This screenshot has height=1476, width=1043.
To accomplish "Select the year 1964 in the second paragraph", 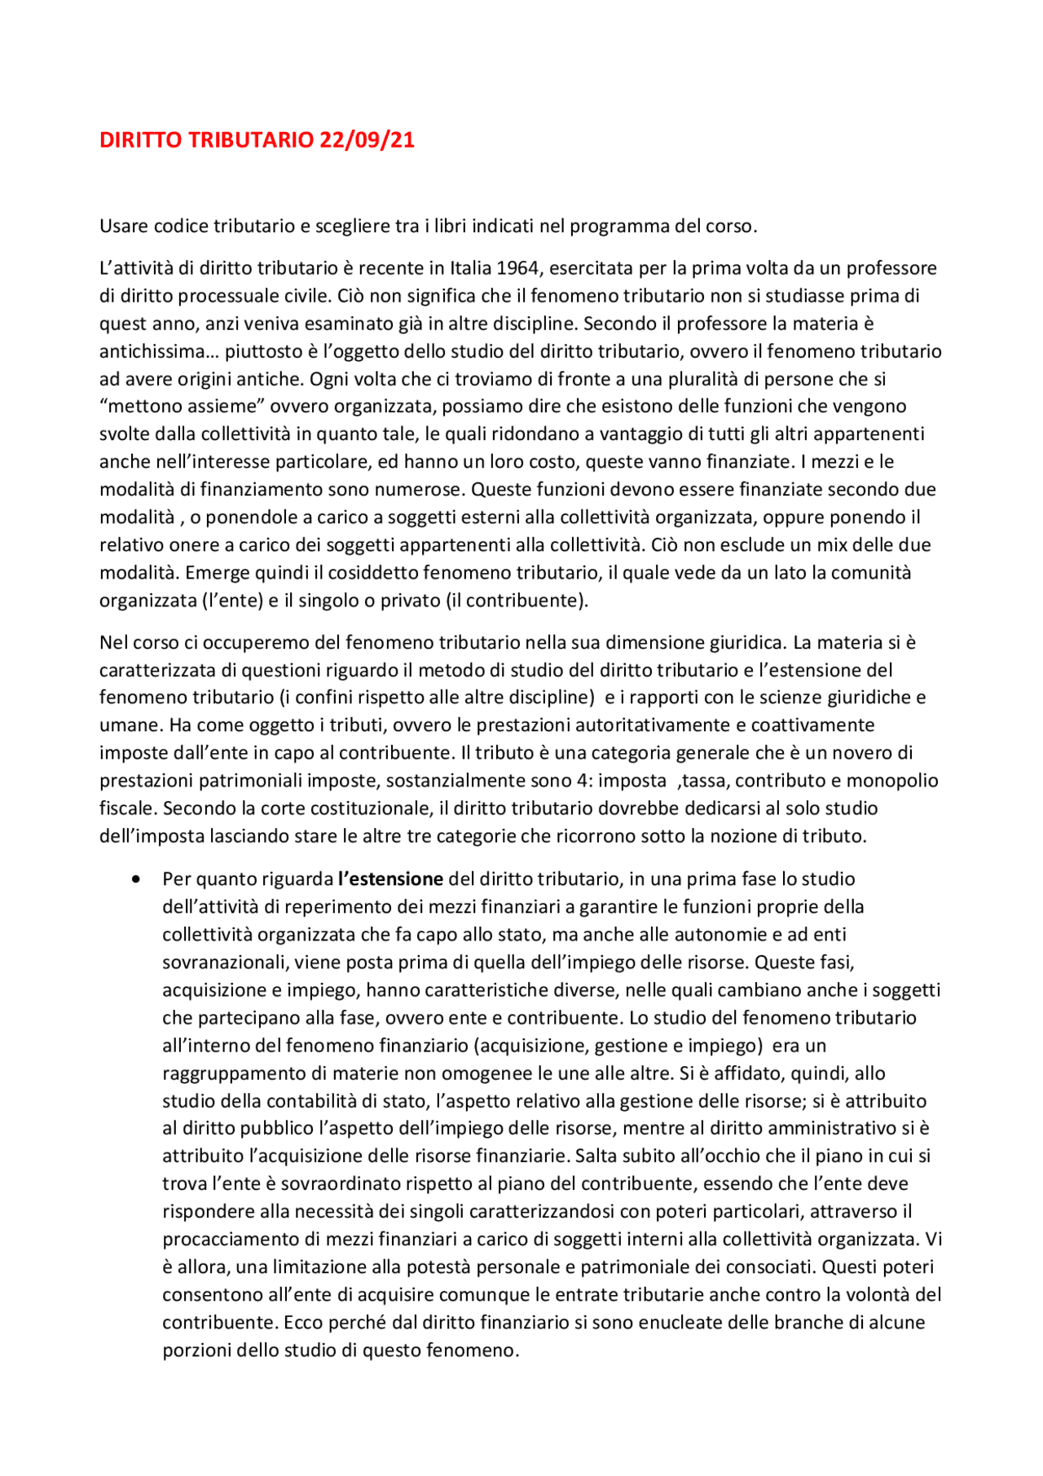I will [x=518, y=268].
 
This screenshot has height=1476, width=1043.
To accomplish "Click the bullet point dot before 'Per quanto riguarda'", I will [x=135, y=879].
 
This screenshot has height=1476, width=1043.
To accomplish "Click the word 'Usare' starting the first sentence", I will [x=125, y=227].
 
